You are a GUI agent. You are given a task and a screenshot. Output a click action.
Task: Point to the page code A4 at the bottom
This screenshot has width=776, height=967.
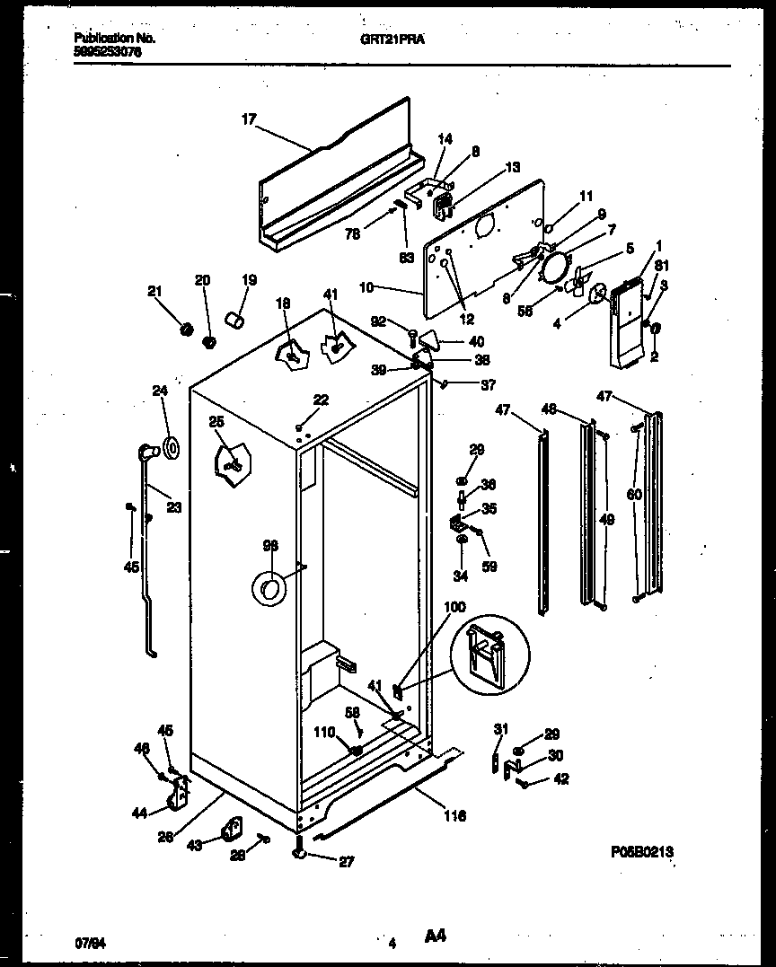click(435, 937)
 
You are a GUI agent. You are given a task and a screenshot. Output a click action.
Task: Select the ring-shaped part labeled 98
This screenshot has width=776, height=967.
click(268, 588)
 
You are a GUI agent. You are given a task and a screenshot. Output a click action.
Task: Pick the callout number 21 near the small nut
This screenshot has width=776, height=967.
click(154, 290)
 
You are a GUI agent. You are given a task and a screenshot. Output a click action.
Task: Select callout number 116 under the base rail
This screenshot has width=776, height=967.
click(454, 816)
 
